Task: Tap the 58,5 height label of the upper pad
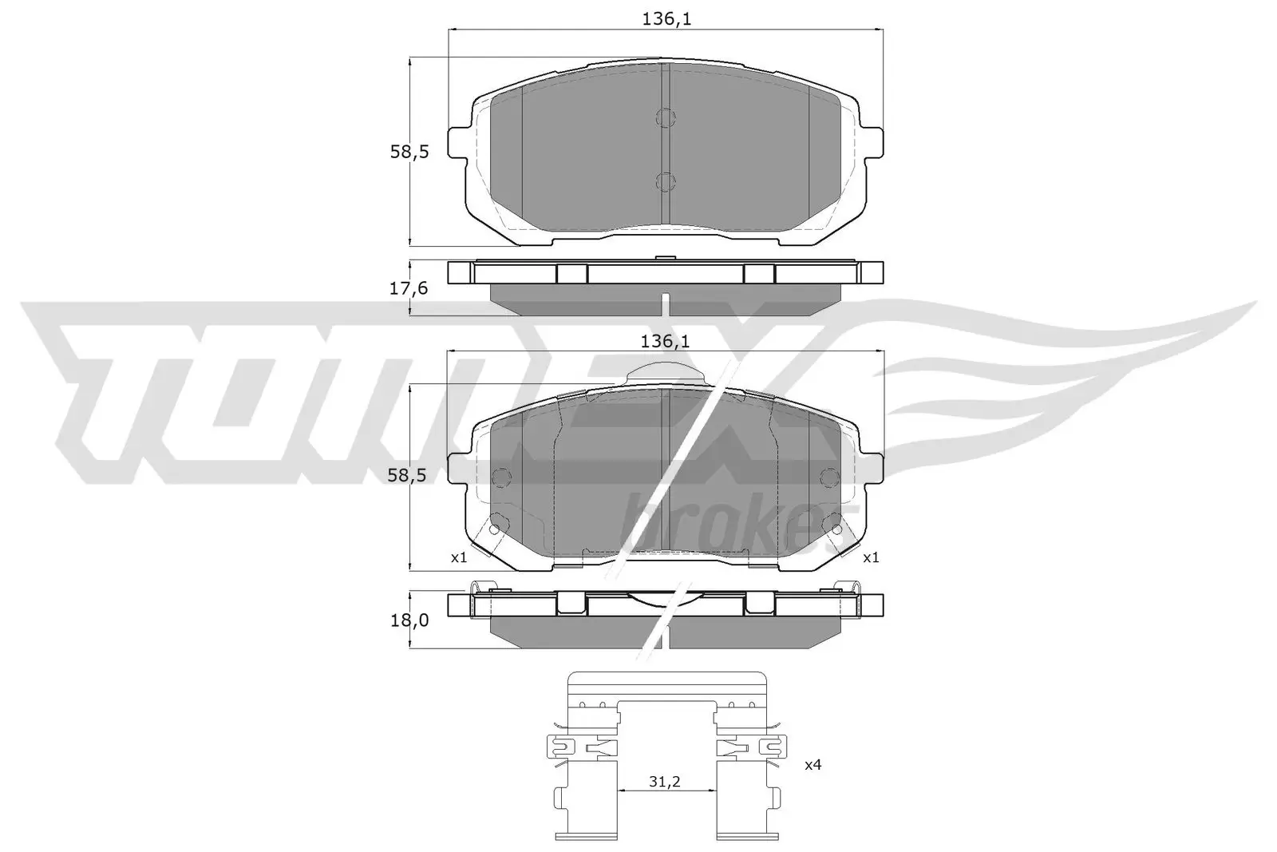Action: point(409,151)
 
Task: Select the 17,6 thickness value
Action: point(409,288)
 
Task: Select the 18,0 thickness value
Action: point(409,619)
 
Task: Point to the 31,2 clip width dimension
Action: point(663,782)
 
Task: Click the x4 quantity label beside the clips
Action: point(812,765)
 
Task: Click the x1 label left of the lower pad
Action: point(458,557)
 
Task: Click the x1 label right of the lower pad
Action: point(871,557)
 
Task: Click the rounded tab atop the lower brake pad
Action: point(665,372)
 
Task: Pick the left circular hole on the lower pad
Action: point(501,478)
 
